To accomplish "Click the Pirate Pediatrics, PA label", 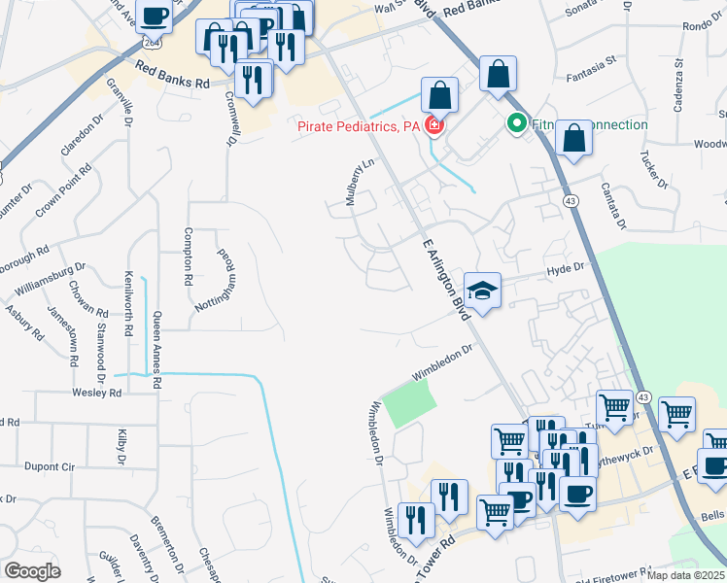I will [358, 126].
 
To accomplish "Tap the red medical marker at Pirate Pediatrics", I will [433, 126].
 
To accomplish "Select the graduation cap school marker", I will [482, 290].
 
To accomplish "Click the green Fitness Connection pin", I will [516, 124].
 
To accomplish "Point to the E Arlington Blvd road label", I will [446, 278].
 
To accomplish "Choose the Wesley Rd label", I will [95, 394].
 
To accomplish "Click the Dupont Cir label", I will [50, 466].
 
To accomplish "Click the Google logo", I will [33, 571].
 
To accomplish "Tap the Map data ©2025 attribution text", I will [685, 575].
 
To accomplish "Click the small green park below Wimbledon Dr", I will [404, 403].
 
